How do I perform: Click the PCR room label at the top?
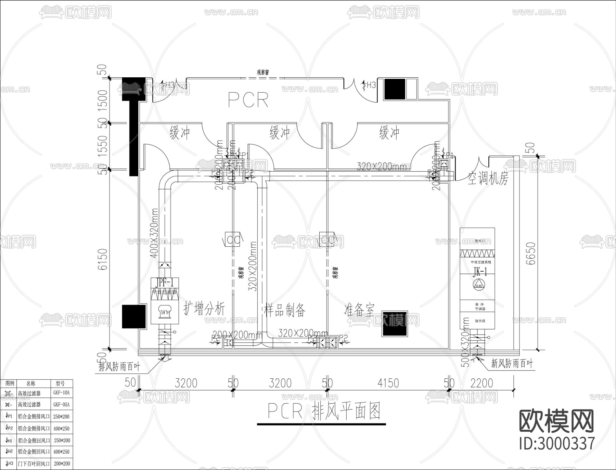tap(248, 100)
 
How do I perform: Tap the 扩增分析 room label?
tap(204, 309)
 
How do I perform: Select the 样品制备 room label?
tap(285, 310)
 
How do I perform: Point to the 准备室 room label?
tap(359, 310)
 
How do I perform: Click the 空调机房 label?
tap(488, 178)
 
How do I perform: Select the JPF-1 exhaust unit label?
tap(165, 282)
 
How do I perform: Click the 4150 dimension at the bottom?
tap(388, 383)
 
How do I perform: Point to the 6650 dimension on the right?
tap(530, 253)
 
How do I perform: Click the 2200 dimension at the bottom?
tap(482, 383)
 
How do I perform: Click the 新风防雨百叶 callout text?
tap(512, 364)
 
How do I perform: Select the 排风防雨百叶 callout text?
tap(119, 367)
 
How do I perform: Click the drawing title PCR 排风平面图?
tap(324, 412)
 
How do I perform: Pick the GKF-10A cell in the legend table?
tap(61, 393)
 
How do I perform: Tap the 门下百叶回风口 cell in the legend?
tap(34, 464)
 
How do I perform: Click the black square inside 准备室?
tap(395, 324)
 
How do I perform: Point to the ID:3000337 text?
tap(557, 444)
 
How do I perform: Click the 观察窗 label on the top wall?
tap(262, 72)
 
